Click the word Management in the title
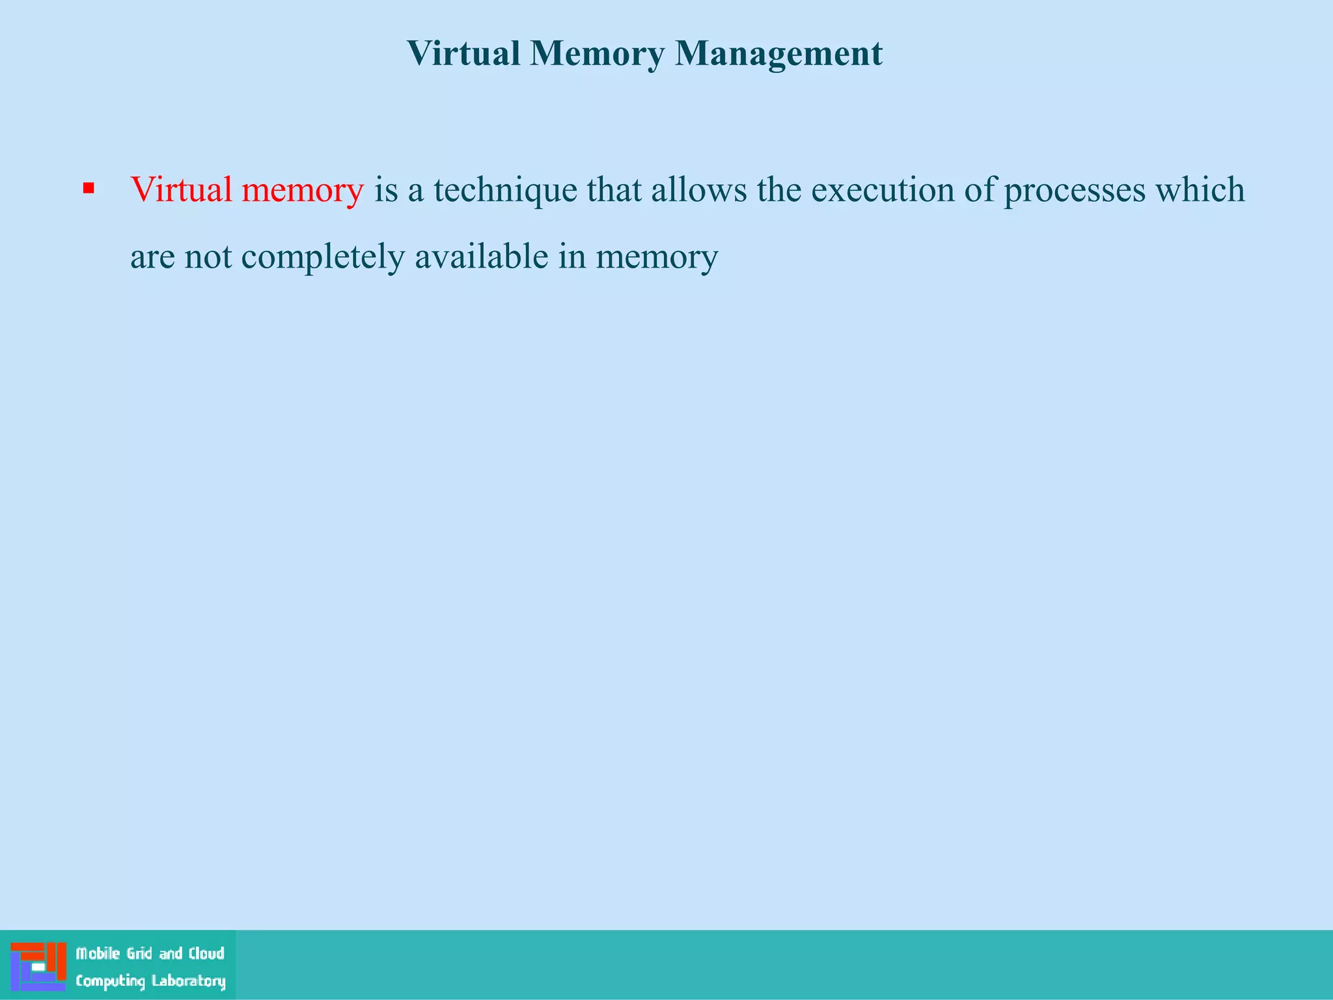[x=778, y=53]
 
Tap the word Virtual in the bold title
[x=463, y=53]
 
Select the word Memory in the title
[x=597, y=53]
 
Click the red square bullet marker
[x=89, y=189]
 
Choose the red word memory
[x=303, y=191]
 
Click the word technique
[x=505, y=191]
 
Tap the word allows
[x=699, y=189]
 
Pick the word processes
[x=1075, y=191]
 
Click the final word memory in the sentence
[x=657, y=257]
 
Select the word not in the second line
[x=208, y=257]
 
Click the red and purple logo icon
[x=38, y=966]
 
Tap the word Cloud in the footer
[x=206, y=954]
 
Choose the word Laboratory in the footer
[x=189, y=981]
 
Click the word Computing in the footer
[x=110, y=981]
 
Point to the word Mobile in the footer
[x=98, y=954]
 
